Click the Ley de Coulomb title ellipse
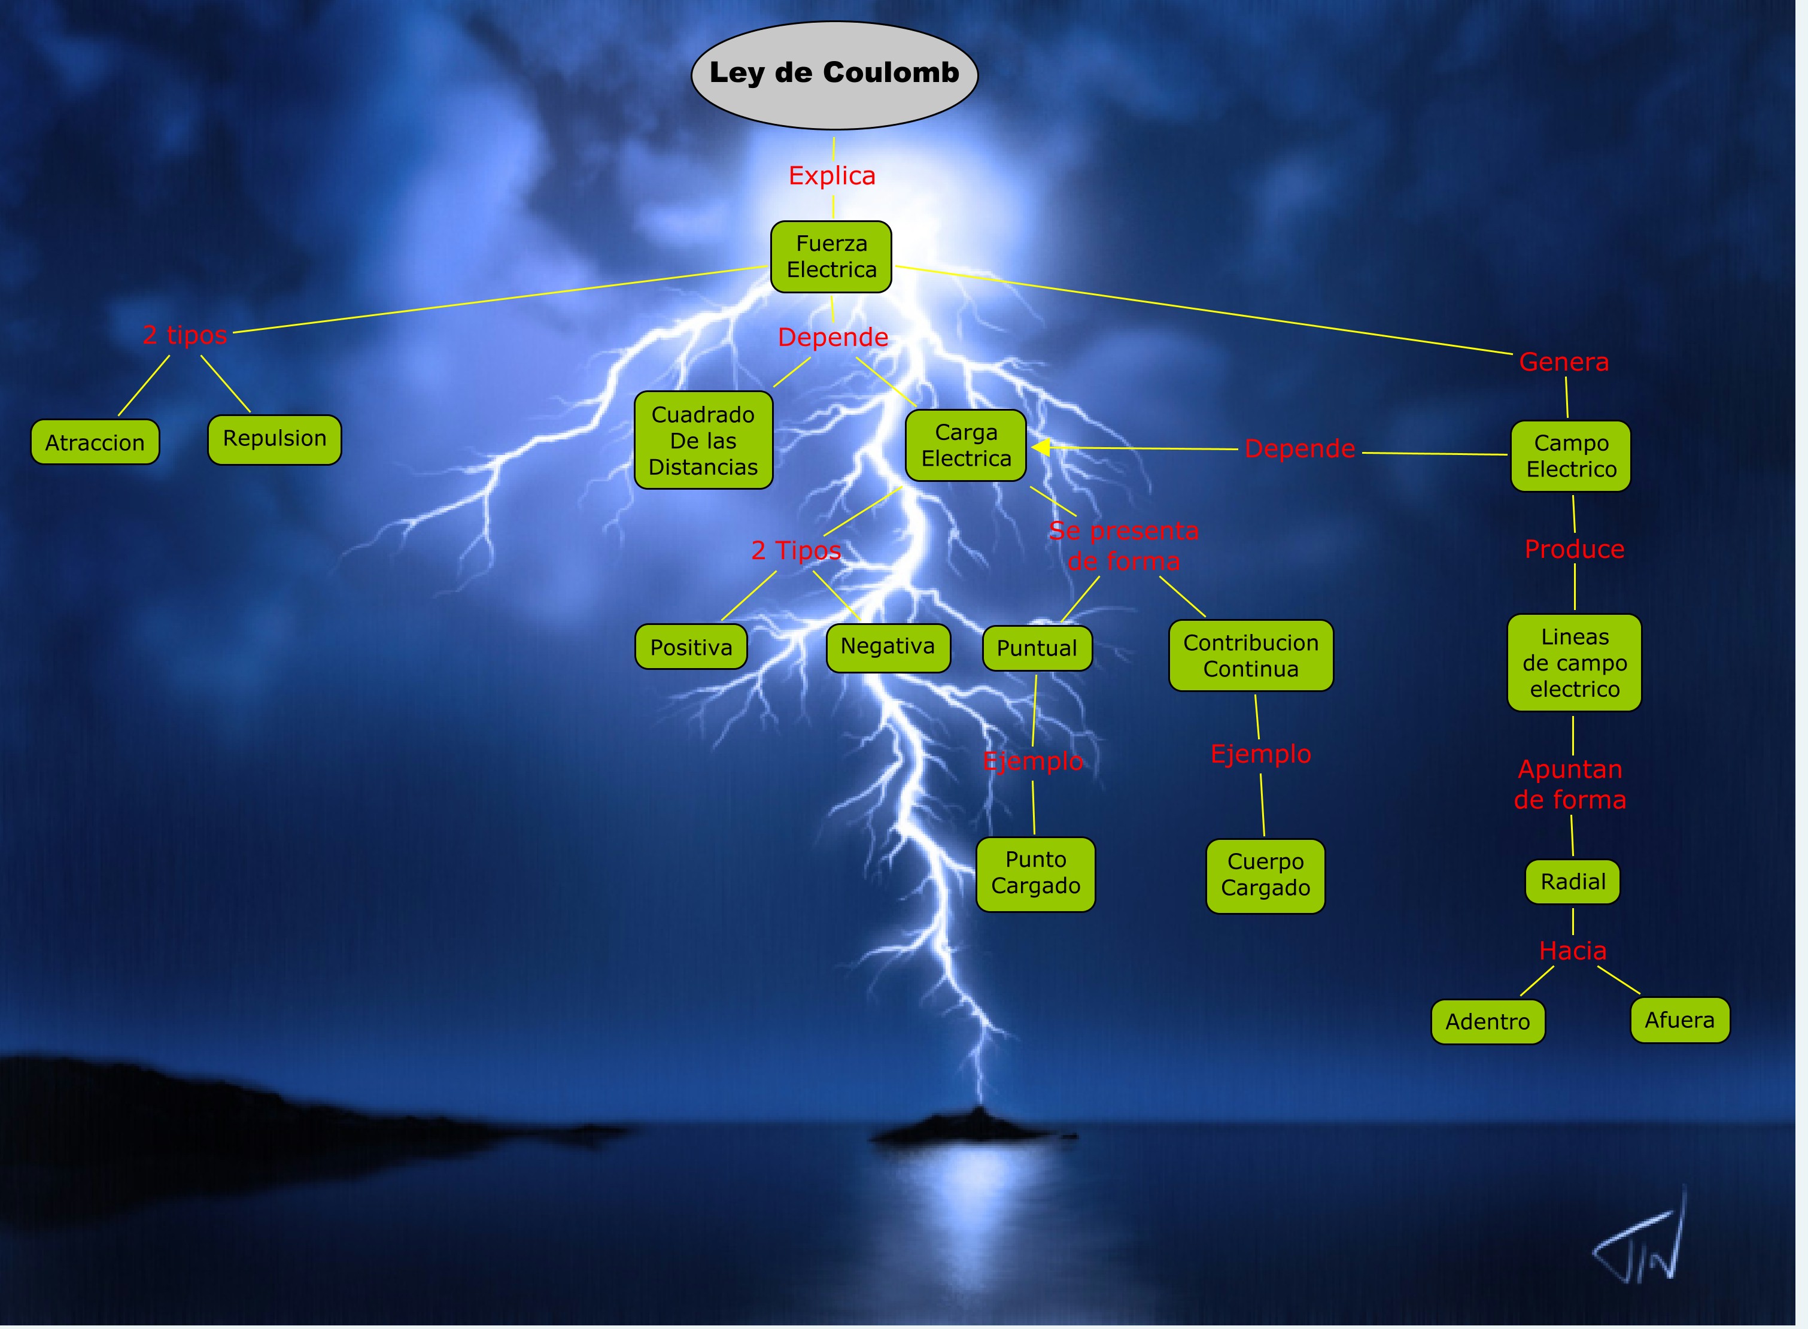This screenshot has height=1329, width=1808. (834, 74)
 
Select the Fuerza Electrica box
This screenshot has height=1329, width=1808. (831, 257)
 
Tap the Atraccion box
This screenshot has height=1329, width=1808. (95, 442)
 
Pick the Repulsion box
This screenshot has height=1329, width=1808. (274, 439)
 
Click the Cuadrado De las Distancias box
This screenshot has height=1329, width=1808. (703, 440)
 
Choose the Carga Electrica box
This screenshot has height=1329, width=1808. (965, 445)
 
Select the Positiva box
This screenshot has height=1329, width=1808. (691, 647)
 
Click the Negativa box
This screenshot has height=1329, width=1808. (888, 647)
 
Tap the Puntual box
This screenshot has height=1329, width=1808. (1037, 648)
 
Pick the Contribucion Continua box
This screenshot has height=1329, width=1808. (1251, 655)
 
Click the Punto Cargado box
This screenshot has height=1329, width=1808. (1035, 873)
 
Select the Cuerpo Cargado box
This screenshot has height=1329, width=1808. (1265, 875)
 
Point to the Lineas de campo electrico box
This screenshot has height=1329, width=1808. (1574, 662)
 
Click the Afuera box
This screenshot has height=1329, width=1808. (1679, 1019)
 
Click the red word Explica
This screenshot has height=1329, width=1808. (832, 175)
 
